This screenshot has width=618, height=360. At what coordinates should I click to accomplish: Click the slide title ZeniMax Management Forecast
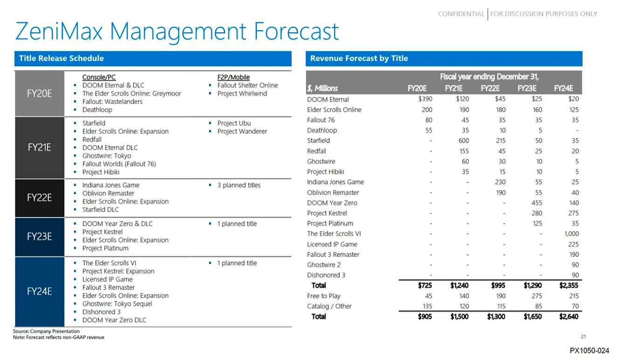click(x=177, y=32)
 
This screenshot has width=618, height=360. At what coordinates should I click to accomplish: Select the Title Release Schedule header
click(x=62, y=58)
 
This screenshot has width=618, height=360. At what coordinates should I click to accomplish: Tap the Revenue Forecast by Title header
click(x=359, y=58)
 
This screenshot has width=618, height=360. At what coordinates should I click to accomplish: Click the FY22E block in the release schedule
click(x=39, y=197)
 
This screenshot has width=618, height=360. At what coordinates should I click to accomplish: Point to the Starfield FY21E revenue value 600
click(x=463, y=141)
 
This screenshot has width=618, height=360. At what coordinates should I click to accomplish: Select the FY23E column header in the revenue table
click(x=527, y=88)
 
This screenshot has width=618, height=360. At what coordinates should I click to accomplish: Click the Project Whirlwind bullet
click(x=241, y=94)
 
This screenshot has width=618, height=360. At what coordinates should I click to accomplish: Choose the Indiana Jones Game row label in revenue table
click(x=336, y=182)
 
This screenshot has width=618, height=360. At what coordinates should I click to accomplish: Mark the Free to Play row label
click(x=323, y=296)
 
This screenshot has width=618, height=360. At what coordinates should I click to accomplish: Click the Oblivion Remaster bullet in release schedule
click(x=108, y=193)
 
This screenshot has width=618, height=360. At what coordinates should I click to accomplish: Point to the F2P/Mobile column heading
click(x=233, y=77)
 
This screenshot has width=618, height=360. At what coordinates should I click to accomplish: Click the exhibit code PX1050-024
click(x=589, y=350)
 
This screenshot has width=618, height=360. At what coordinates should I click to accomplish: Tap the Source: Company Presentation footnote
click(x=46, y=331)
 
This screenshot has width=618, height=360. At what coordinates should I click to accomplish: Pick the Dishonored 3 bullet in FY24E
click(x=101, y=312)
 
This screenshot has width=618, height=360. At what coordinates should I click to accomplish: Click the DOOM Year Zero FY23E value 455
click(x=536, y=203)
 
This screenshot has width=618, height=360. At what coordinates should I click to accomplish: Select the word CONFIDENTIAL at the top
click(x=461, y=14)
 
